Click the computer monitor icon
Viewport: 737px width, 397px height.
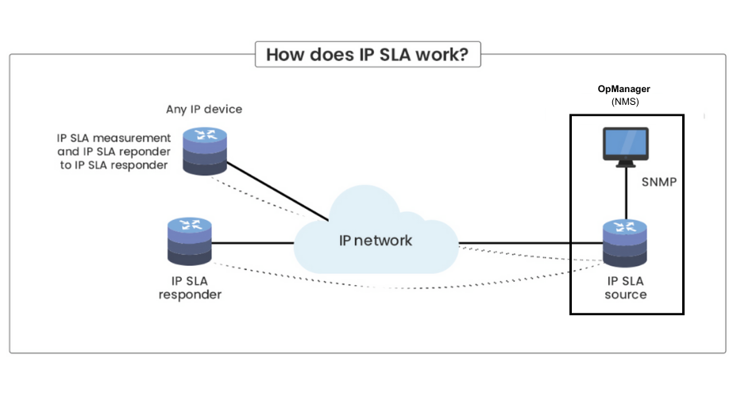pyautogui.click(x=626, y=147)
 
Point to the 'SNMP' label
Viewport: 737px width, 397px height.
pyautogui.click(x=659, y=182)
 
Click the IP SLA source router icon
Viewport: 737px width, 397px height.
pyautogui.click(x=626, y=244)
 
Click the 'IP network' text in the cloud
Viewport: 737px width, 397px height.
pyautogui.click(x=376, y=240)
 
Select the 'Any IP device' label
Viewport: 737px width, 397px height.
pyautogui.click(x=204, y=109)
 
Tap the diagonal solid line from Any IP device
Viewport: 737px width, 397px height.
pyautogui.click(x=278, y=191)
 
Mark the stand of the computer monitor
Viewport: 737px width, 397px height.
pyautogui.click(x=626, y=164)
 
